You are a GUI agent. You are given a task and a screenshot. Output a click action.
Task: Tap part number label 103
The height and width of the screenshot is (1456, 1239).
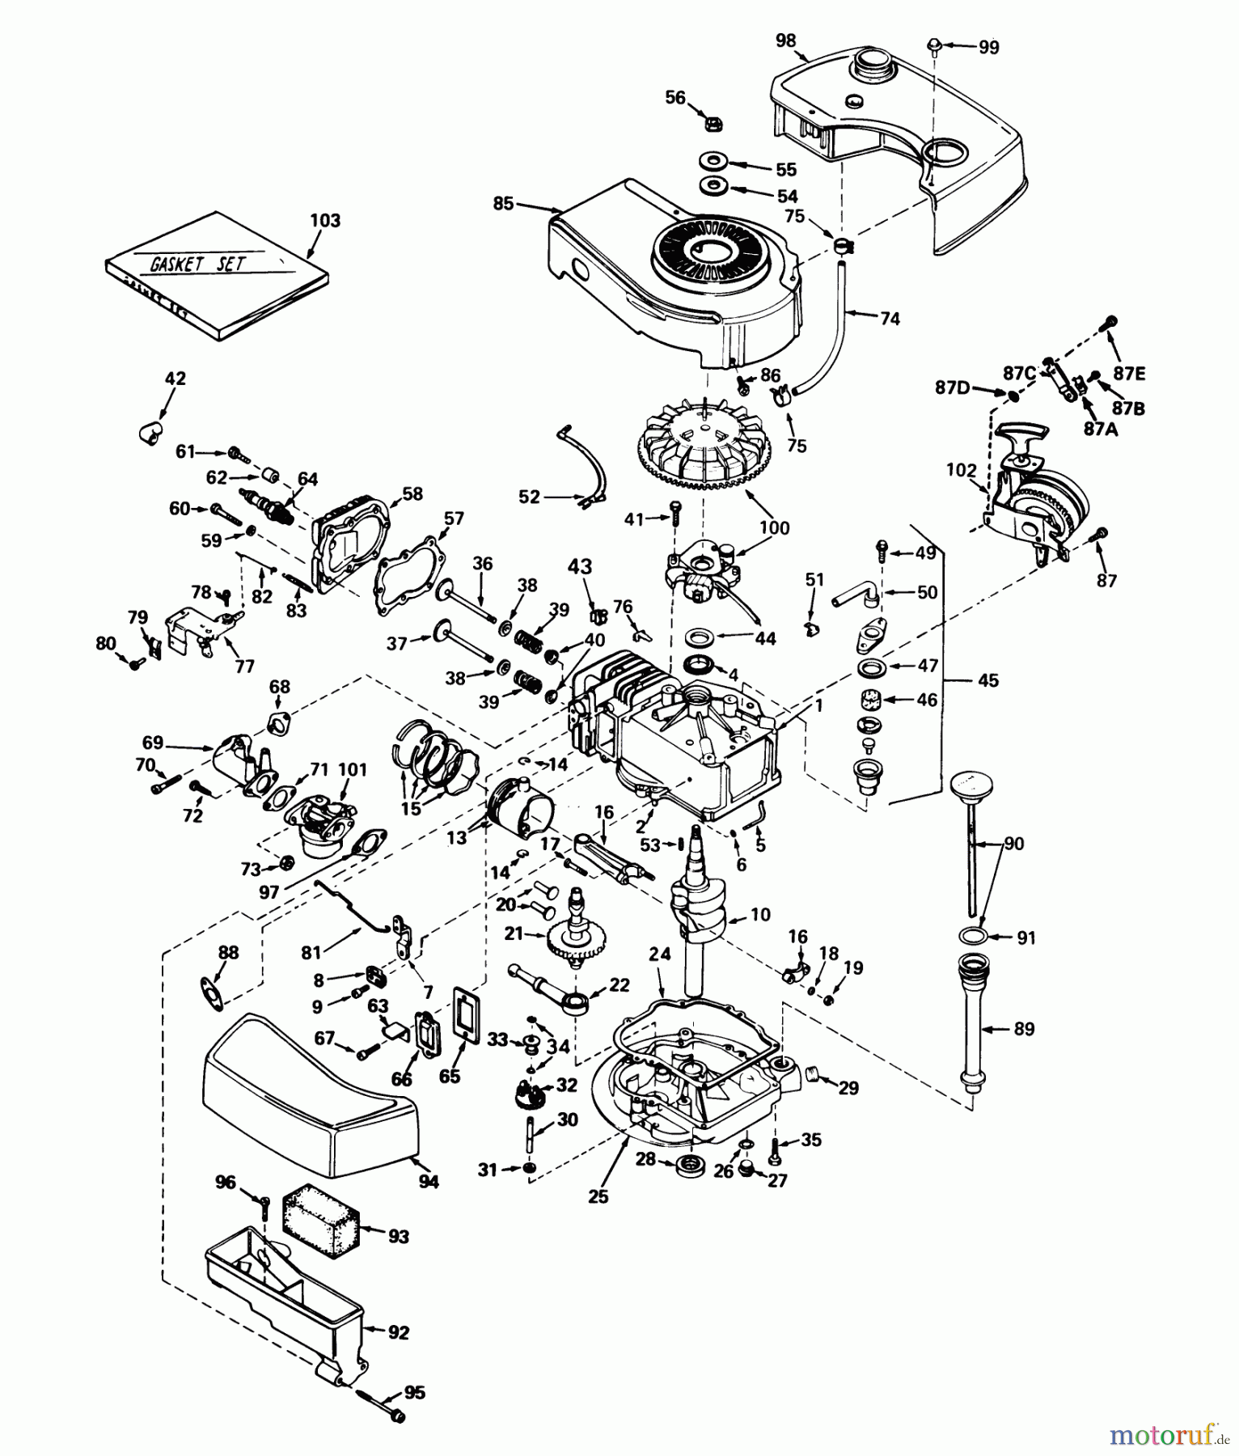click(325, 220)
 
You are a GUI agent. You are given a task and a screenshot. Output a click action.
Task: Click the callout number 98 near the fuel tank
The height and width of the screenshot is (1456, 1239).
click(784, 40)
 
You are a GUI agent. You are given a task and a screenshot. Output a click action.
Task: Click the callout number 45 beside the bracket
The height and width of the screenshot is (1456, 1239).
click(987, 680)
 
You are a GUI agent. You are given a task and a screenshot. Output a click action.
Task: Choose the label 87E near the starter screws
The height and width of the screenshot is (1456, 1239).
click(1129, 374)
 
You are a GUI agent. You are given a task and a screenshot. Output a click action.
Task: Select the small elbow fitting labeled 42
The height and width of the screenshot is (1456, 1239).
click(149, 430)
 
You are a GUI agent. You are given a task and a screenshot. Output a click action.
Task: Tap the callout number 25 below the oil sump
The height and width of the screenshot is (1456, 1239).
click(598, 1196)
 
